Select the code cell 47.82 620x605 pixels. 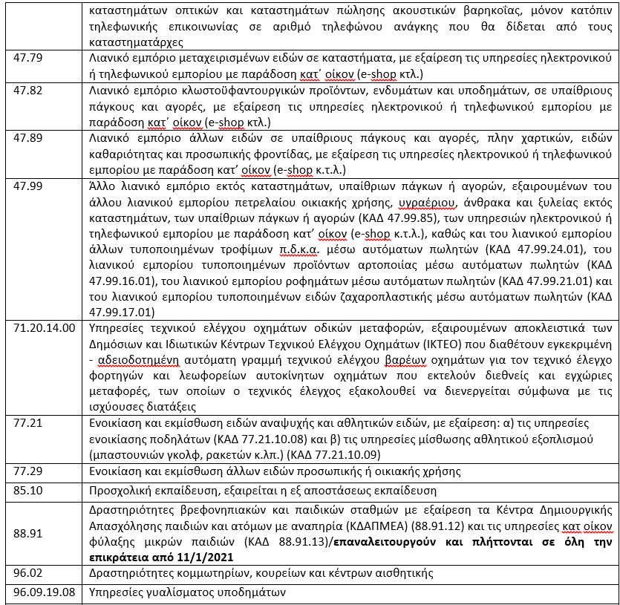19,88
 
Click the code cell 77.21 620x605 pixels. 19,423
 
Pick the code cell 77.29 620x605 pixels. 19,471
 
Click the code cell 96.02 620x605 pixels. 19,572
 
